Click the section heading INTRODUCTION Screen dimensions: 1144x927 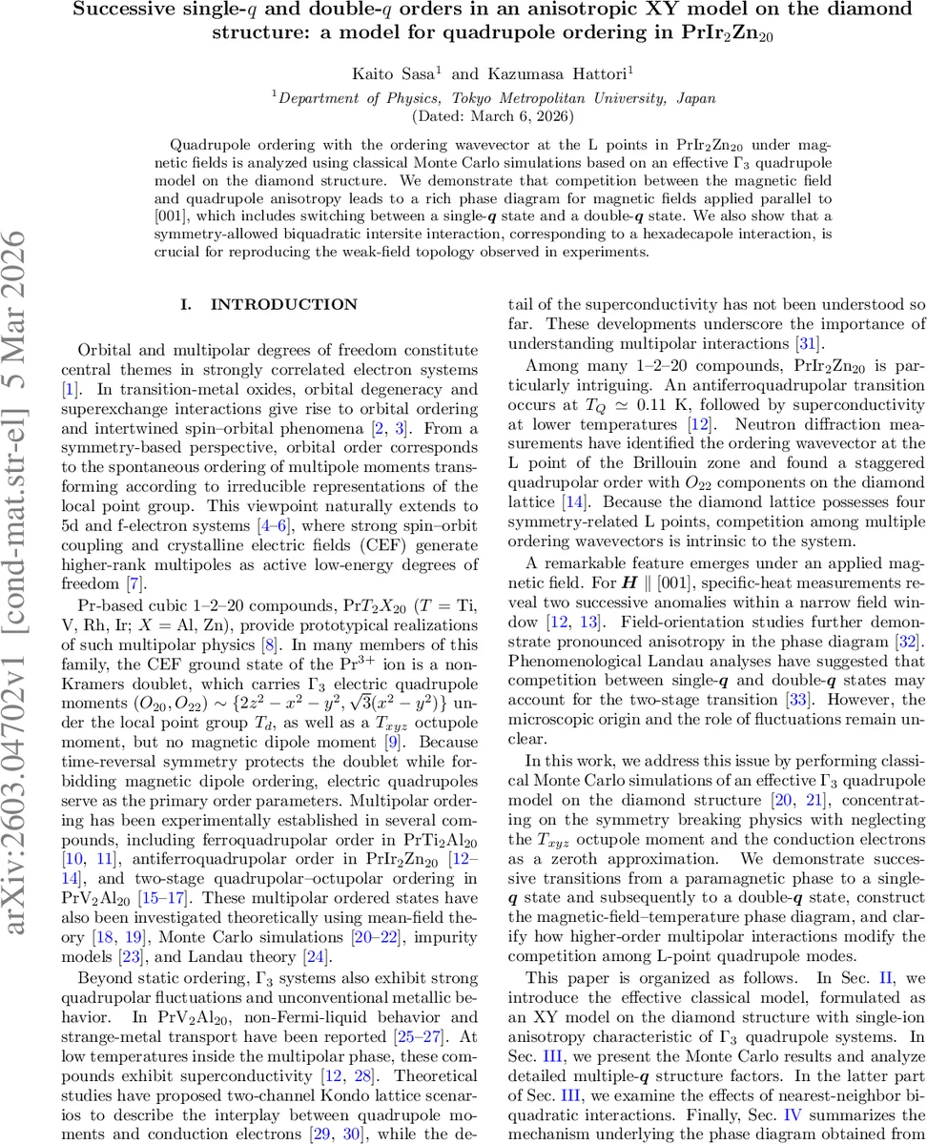[x=270, y=305]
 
